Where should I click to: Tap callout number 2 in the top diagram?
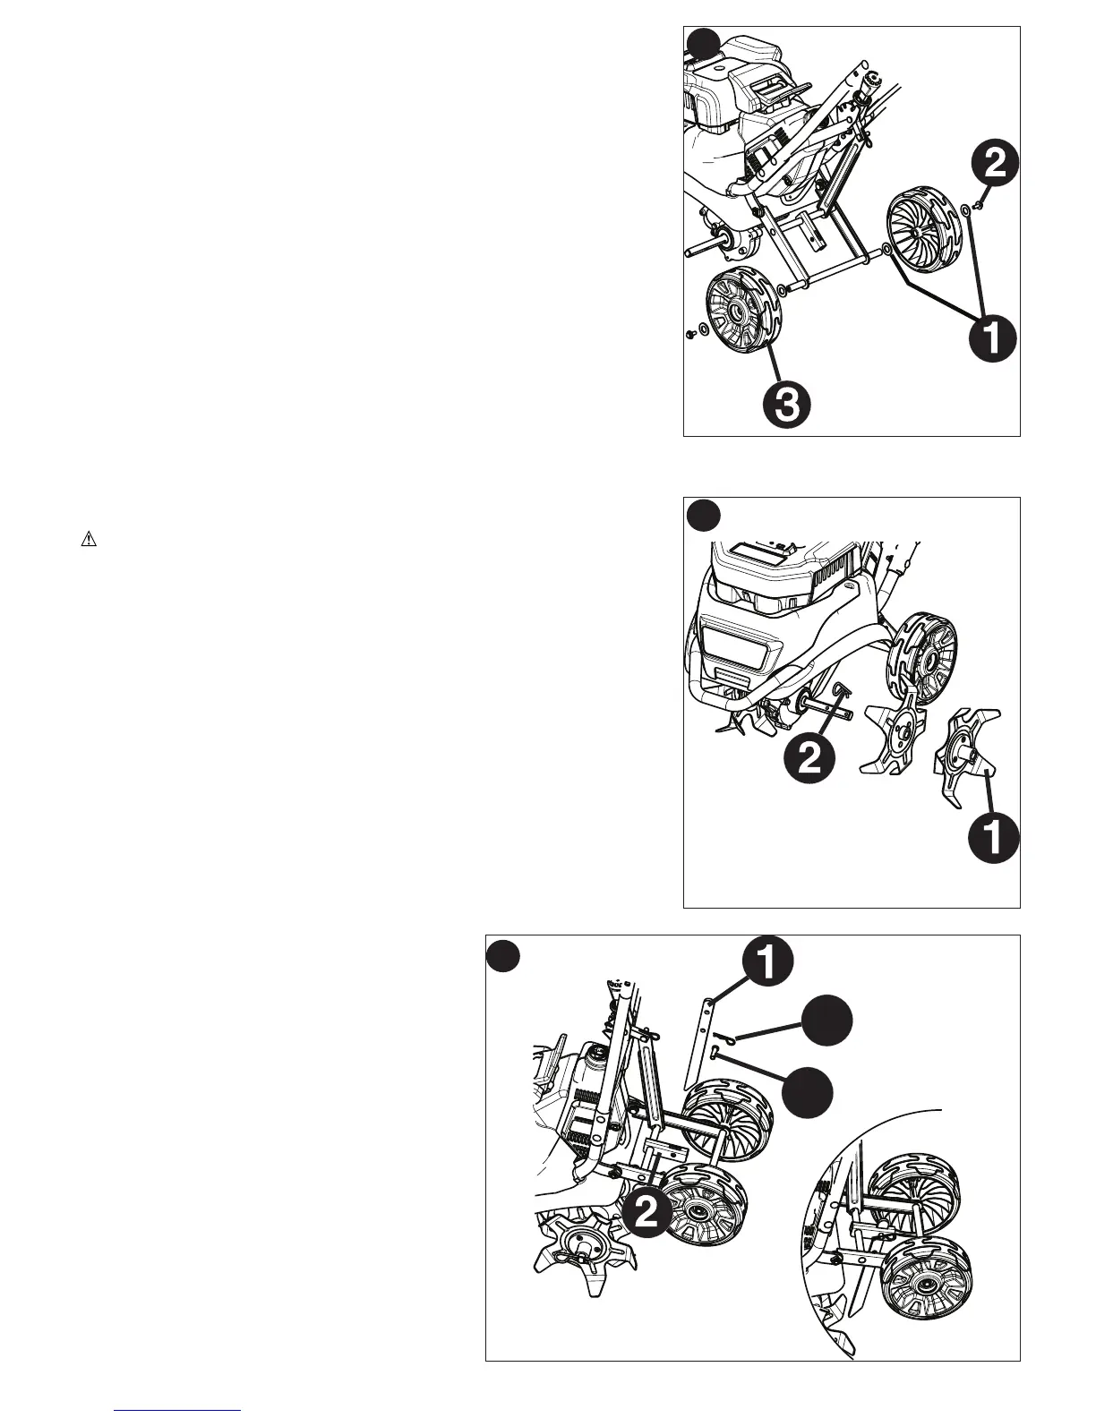(x=993, y=164)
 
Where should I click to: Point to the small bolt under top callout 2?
(x=981, y=207)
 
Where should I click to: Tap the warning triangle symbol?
(x=89, y=540)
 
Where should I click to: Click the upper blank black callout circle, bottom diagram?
(x=826, y=1022)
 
